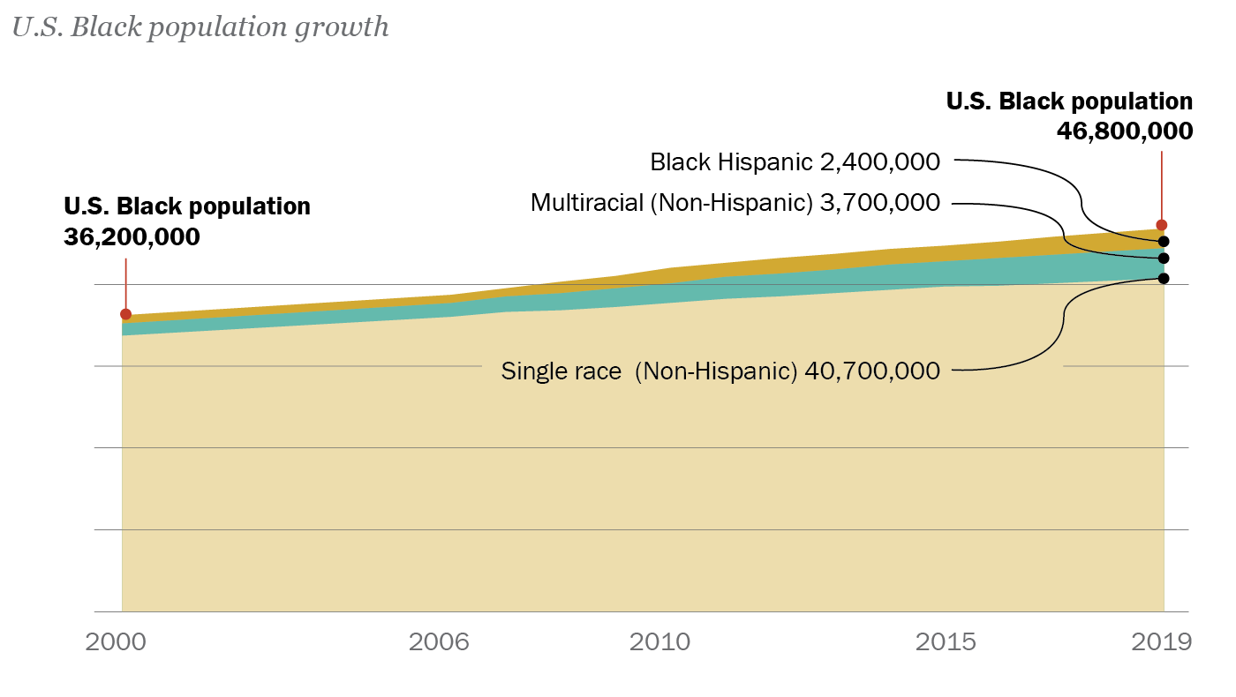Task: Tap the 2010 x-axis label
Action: [x=659, y=641]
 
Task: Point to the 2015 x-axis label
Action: [x=946, y=641]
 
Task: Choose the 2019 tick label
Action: [x=1161, y=641]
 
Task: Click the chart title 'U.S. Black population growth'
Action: [x=200, y=27]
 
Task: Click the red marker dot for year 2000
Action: [x=125, y=314]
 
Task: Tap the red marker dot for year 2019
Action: [x=1162, y=225]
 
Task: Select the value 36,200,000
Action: [x=132, y=237]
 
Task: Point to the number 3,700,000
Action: [x=879, y=203]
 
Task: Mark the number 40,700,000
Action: [x=872, y=371]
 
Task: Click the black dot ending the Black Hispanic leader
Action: [x=1164, y=241]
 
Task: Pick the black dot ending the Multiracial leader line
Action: [x=1164, y=259]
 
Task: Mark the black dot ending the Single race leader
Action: [x=1164, y=279]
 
